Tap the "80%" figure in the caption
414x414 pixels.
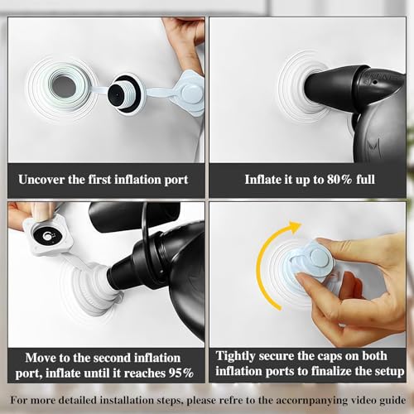[339, 180]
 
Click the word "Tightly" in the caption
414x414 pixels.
[235, 356]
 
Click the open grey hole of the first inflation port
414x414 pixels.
[65, 87]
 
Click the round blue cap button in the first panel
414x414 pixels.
[191, 94]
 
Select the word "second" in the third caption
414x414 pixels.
[111, 358]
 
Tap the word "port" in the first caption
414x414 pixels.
[176, 181]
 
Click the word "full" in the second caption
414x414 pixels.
[365, 180]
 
